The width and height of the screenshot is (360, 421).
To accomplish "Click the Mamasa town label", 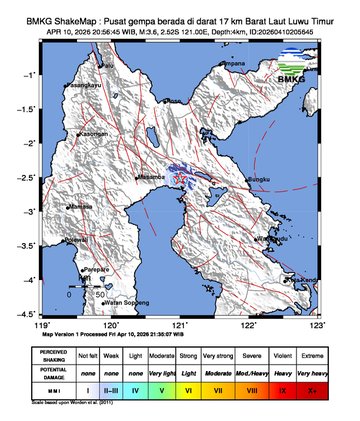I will click(x=79, y=207).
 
